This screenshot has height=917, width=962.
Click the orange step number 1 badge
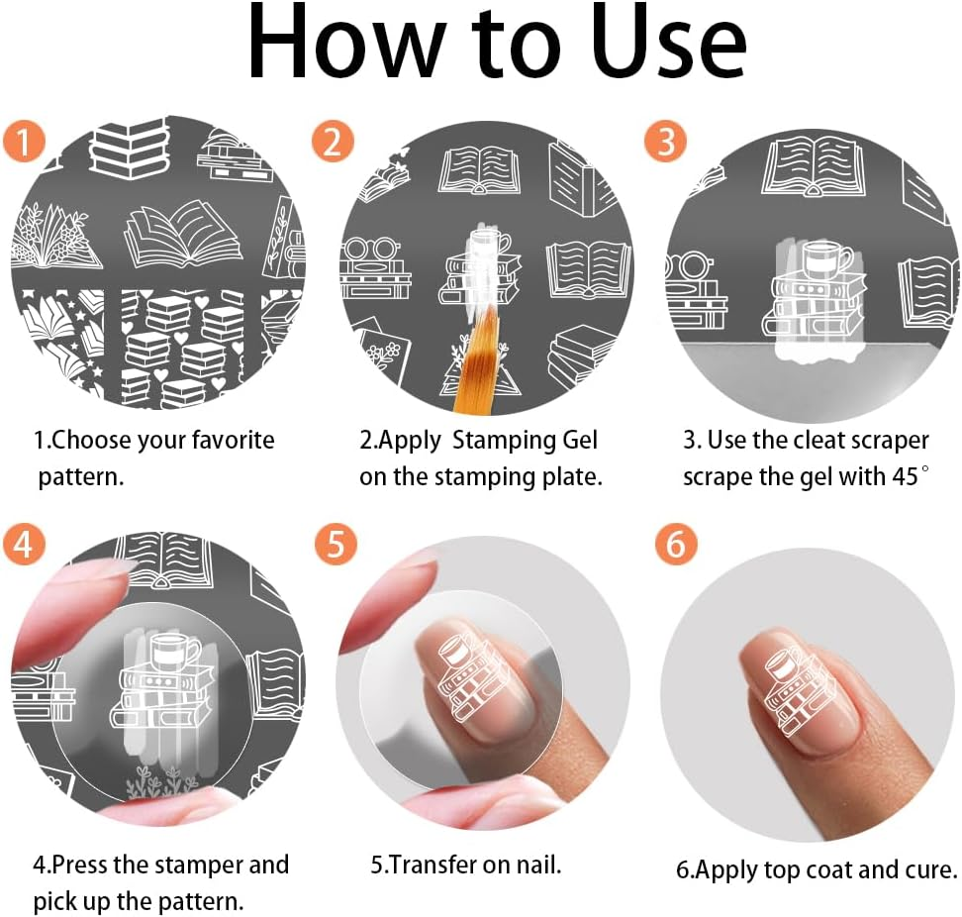[x=24, y=141]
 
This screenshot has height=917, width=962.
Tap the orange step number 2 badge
[x=332, y=141]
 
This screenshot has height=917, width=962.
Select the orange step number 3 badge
[x=666, y=141]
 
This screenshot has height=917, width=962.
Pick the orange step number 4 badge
[x=24, y=544]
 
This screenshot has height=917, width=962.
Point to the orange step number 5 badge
[x=336, y=544]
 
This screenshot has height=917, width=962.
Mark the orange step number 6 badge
[x=676, y=544]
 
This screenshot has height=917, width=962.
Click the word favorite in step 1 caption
[x=234, y=441]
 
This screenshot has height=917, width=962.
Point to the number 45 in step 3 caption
[x=906, y=477]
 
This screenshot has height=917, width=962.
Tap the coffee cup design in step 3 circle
[x=825, y=256]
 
